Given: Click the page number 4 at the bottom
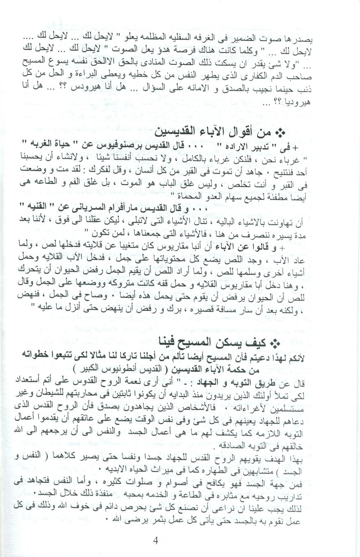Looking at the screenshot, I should (156, 541).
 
